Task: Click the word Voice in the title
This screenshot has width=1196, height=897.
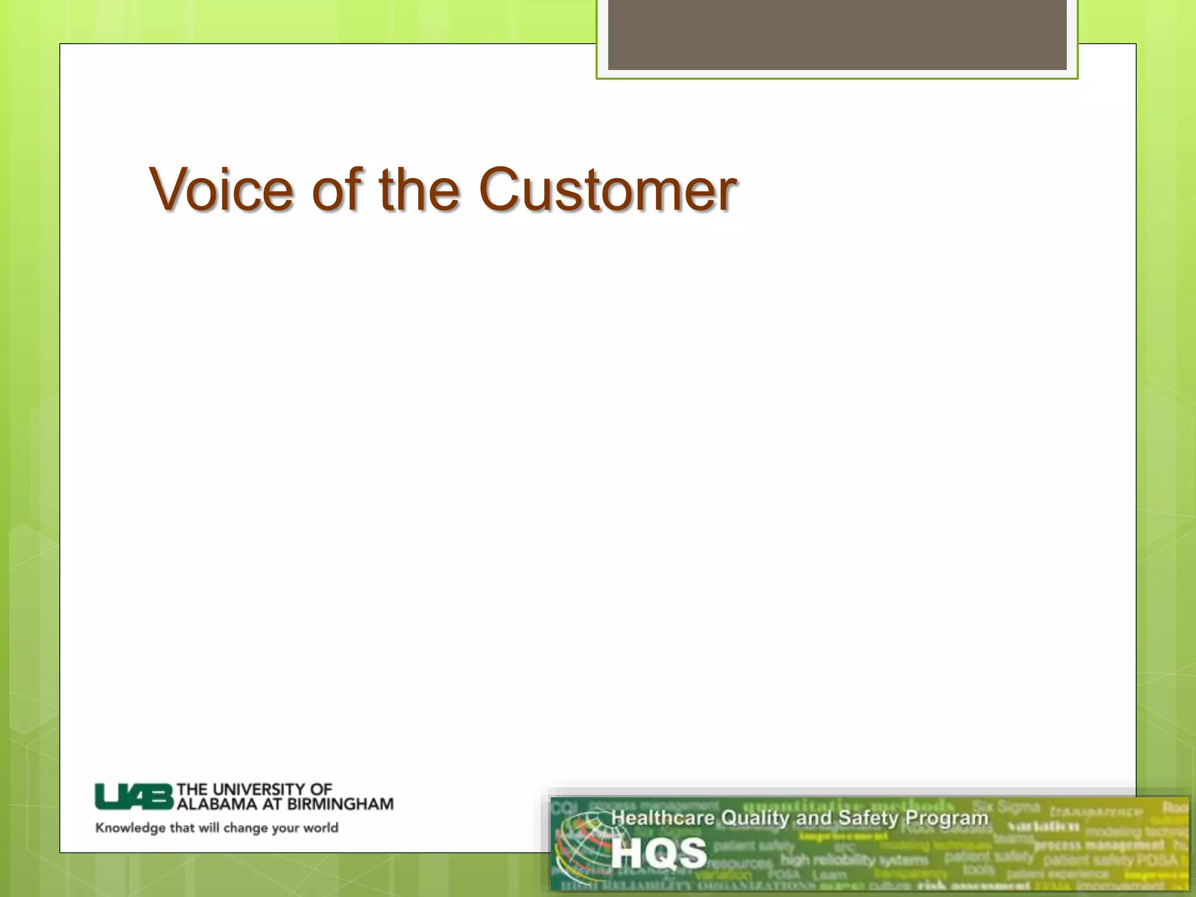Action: pos(221,189)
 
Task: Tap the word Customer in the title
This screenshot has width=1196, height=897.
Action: pos(607,189)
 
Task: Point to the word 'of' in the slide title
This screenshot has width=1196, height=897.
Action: pos(338,189)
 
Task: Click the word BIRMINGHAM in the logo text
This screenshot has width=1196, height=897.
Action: pos(340,804)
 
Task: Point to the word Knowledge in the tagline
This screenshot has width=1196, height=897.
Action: pos(130,828)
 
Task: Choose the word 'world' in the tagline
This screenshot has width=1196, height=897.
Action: pos(320,828)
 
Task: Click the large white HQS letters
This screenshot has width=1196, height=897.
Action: pos(659,853)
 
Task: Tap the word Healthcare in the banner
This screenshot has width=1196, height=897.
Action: pos(662,818)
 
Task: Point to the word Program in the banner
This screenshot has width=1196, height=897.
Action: pos(946,818)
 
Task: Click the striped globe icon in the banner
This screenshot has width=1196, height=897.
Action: pos(580,847)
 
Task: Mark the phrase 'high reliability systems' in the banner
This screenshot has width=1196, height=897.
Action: pos(854,860)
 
